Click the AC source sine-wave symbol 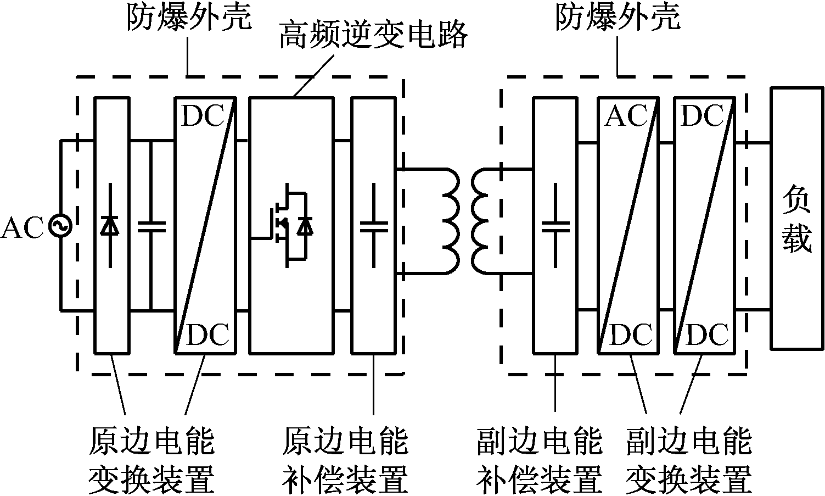(x=59, y=227)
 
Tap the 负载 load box (x=797, y=218)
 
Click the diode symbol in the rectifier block (x=112, y=226)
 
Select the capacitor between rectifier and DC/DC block (x=151, y=226)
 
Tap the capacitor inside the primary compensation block (x=374, y=226)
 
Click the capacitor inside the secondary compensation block (x=555, y=226)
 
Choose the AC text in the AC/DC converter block (x=626, y=116)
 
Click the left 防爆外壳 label (x=189, y=18)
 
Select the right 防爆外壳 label (x=618, y=18)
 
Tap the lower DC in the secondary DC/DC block (x=708, y=335)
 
